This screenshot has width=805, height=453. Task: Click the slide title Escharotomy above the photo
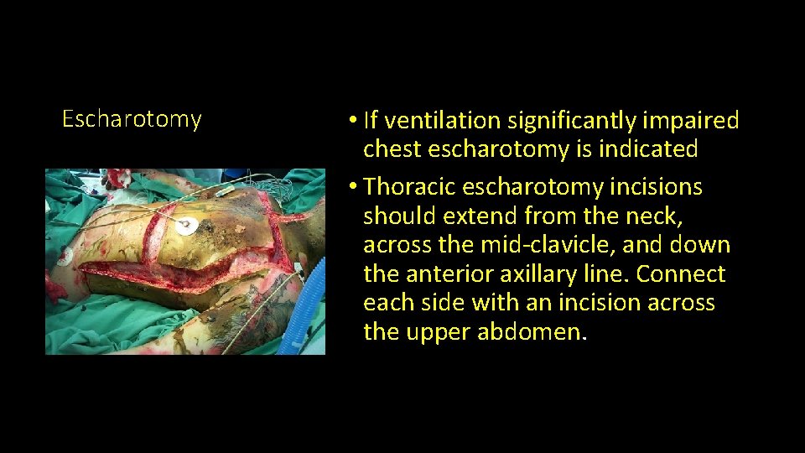point(132,119)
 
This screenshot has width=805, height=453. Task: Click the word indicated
point(647,150)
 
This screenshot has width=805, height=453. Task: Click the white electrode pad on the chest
point(187,225)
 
